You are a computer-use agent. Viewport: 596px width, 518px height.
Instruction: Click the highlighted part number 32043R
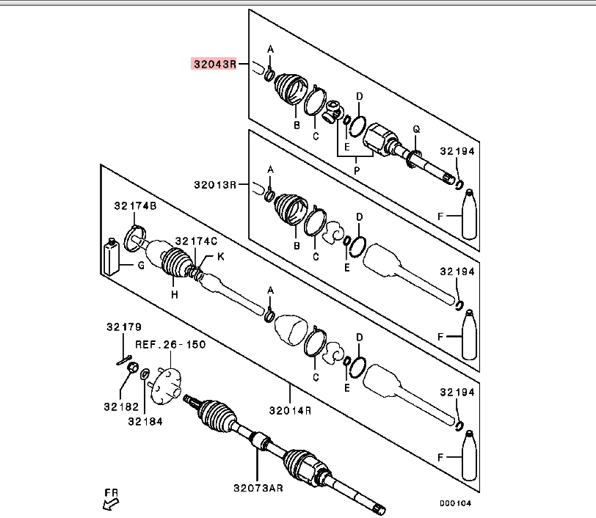pos(214,64)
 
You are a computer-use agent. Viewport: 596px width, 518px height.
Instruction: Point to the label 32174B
pos(134,206)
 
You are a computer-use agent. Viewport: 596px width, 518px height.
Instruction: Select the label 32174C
pos(196,241)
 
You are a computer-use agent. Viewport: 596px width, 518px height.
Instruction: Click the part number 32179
pos(123,327)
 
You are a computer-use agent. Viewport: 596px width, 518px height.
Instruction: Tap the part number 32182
pos(120,405)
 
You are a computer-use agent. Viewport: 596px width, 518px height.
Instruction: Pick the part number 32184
pos(145,421)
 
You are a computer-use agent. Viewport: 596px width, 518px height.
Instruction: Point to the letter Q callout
pos(415,129)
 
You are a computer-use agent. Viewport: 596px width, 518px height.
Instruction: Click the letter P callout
pos(357,170)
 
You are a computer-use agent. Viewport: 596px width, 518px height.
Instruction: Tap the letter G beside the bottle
pos(142,265)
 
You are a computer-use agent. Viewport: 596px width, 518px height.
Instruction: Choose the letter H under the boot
pos(175,294)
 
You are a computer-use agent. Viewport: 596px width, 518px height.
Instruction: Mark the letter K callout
pos(219,256)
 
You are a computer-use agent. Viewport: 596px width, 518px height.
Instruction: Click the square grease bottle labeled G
pos(112,258)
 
